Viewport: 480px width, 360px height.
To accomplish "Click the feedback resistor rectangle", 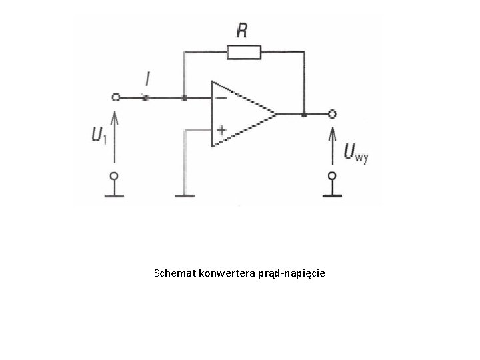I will click(x=244, y=52).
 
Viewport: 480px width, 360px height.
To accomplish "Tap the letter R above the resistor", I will click(x=243, y=31).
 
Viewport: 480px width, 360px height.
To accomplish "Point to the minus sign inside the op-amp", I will click(x=219, y=98).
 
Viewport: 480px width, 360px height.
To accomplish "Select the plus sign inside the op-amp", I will click(x=220, y=131).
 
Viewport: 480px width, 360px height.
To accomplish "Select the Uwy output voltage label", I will click(x=356, y=153).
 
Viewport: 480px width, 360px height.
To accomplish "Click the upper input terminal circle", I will click(x=115, y=97).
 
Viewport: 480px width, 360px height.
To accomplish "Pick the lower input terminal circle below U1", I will click(x=115, y=176).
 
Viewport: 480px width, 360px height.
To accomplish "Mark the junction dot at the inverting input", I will click(x=184, y=97).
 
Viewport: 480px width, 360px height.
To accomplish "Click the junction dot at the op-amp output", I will click(x=303, y=114).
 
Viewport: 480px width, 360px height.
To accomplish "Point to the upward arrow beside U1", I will click(x=115, y=137).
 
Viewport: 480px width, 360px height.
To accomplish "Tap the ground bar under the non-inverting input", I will click(x=184, y=195).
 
